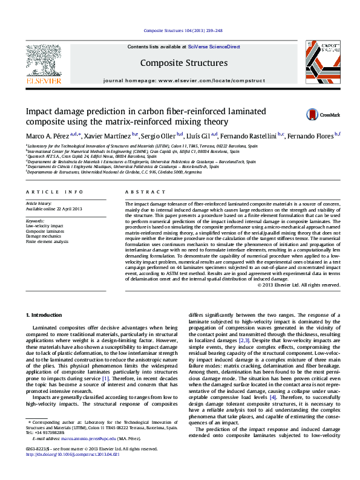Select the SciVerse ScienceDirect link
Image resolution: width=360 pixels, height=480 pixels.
click(214, 47)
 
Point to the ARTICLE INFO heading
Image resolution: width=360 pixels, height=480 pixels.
click(54, 192)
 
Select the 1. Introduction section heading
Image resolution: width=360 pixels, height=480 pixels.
click(46, 316)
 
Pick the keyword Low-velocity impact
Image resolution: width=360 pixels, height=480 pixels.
click(42, 225)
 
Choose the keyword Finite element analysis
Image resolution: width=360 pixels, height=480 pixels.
click(47, 241)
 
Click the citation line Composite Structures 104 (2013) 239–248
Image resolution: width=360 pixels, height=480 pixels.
click(180, 30)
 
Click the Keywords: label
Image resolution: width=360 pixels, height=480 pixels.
click(35, 221)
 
